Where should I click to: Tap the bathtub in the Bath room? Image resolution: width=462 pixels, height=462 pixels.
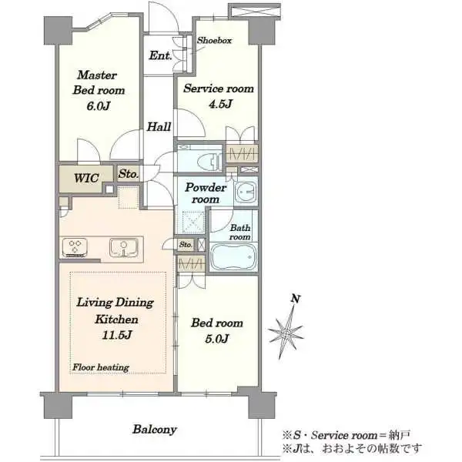click(233, 256)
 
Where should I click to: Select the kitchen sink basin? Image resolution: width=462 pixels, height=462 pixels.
click(124, 247)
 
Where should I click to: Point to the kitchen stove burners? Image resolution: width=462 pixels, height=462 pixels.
click(75, 247)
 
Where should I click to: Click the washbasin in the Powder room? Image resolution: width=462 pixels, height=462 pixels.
click(246, 192)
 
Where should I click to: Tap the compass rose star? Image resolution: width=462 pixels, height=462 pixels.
click(285, 333)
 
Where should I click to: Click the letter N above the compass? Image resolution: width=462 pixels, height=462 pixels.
click(296, 299)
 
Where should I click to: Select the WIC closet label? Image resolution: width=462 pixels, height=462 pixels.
click(86, 178)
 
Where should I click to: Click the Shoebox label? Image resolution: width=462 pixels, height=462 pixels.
click(214, 40)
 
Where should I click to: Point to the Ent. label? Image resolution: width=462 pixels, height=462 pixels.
click(160, 55)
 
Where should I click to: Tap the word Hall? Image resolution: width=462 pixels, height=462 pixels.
click(159, 127)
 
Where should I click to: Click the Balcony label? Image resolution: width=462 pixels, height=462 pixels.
click(155, 430)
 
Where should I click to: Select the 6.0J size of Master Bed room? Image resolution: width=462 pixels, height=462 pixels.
click(98, 105)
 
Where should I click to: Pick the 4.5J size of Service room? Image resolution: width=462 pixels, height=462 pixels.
click(220, 104)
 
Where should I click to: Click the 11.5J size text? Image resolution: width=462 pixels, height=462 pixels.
click(117, 335)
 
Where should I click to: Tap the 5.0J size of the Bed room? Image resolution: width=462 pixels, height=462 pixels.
click(217, 339)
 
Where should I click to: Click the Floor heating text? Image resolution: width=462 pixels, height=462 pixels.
click(101, 367)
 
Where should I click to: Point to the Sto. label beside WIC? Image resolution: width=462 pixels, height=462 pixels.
click(128, 174)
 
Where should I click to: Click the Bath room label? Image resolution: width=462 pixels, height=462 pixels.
click(240, 233)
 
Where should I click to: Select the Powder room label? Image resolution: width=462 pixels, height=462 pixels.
click(206, 193)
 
